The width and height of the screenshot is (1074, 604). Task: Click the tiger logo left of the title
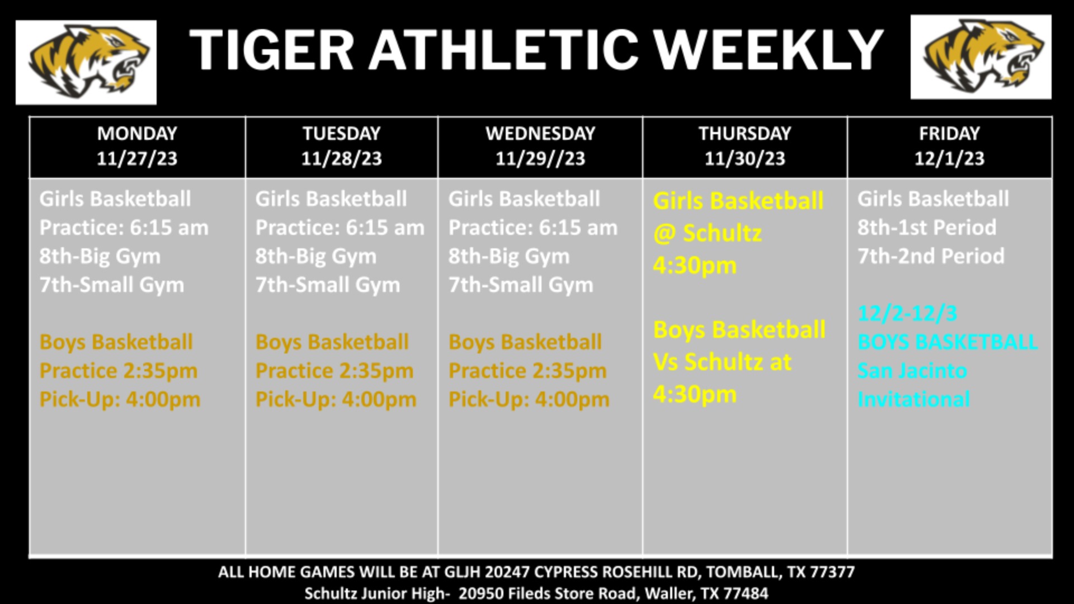point(86,62)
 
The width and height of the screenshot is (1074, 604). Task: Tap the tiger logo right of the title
point(981,57)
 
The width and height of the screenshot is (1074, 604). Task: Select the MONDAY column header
point(137,133)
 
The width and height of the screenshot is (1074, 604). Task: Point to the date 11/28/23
point(341,158)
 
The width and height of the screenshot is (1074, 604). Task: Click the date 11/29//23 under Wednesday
point(540,158)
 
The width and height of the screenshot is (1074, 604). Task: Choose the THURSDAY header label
point(745,133)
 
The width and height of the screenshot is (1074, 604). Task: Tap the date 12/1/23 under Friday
point(949,158)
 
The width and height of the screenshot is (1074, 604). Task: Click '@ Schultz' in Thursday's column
point(708,233)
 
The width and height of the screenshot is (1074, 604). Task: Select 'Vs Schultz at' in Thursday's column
point(722,362)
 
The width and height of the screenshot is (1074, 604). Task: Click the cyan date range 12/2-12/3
point(907,313)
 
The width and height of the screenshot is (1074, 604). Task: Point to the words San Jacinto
point(912,370)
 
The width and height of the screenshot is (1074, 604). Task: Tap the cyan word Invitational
point(913,399)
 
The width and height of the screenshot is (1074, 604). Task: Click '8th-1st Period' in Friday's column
point(927,227)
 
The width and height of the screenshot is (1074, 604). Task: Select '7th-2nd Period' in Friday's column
point(931,256)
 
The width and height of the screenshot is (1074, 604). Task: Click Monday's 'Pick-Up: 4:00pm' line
point(120,399)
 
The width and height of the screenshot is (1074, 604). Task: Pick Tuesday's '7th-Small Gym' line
point(328,285)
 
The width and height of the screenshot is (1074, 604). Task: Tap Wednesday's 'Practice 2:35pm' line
point(527,371)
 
